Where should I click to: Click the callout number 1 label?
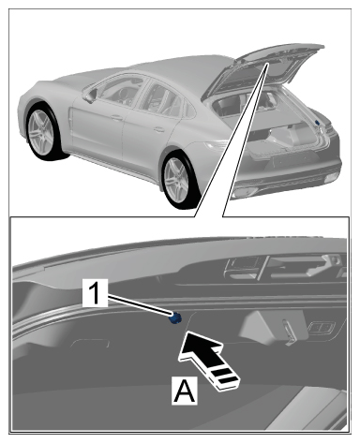(96, 293)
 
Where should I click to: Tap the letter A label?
(185, 391)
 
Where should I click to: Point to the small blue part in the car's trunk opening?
(318, 123)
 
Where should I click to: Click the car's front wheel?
(41, 132)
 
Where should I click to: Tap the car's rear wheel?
(179, 180)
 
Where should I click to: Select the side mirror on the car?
(90, 96)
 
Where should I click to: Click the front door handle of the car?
(117, 118)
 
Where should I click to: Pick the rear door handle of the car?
(159, 129)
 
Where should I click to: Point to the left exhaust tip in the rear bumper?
(246, 192)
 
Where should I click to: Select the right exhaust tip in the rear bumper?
(331, 178)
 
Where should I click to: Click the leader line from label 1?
(140, 305)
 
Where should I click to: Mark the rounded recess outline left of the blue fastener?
(90, 344)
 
